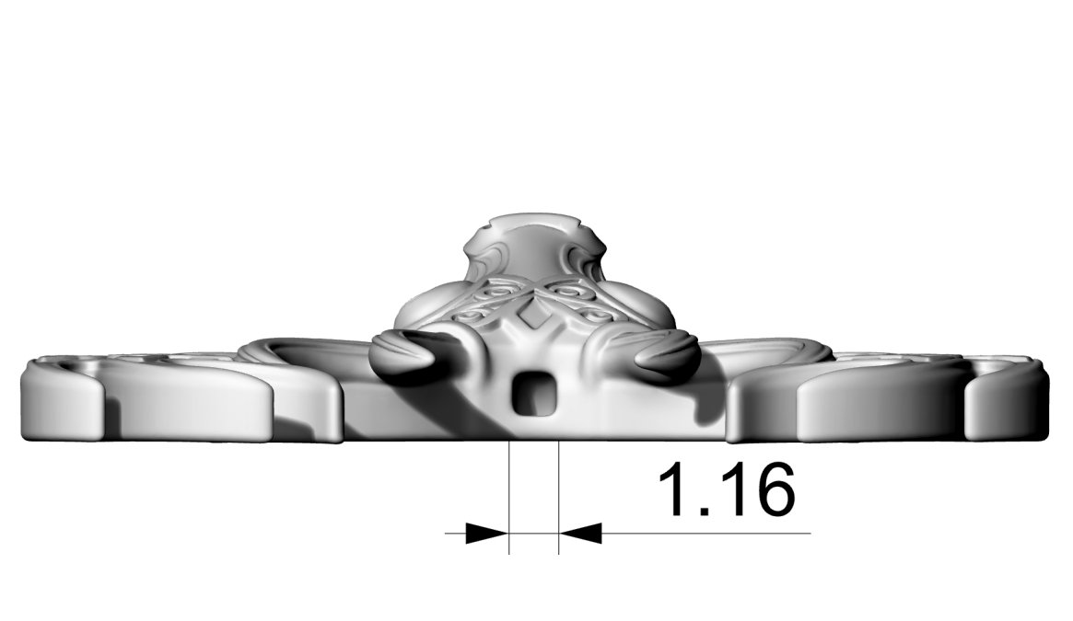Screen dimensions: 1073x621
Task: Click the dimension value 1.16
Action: [726, 489]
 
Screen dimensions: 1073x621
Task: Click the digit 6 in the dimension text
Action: [772, 489]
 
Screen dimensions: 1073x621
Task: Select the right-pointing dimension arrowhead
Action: [486, 533]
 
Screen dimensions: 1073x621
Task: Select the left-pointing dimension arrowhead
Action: [581, 533]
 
